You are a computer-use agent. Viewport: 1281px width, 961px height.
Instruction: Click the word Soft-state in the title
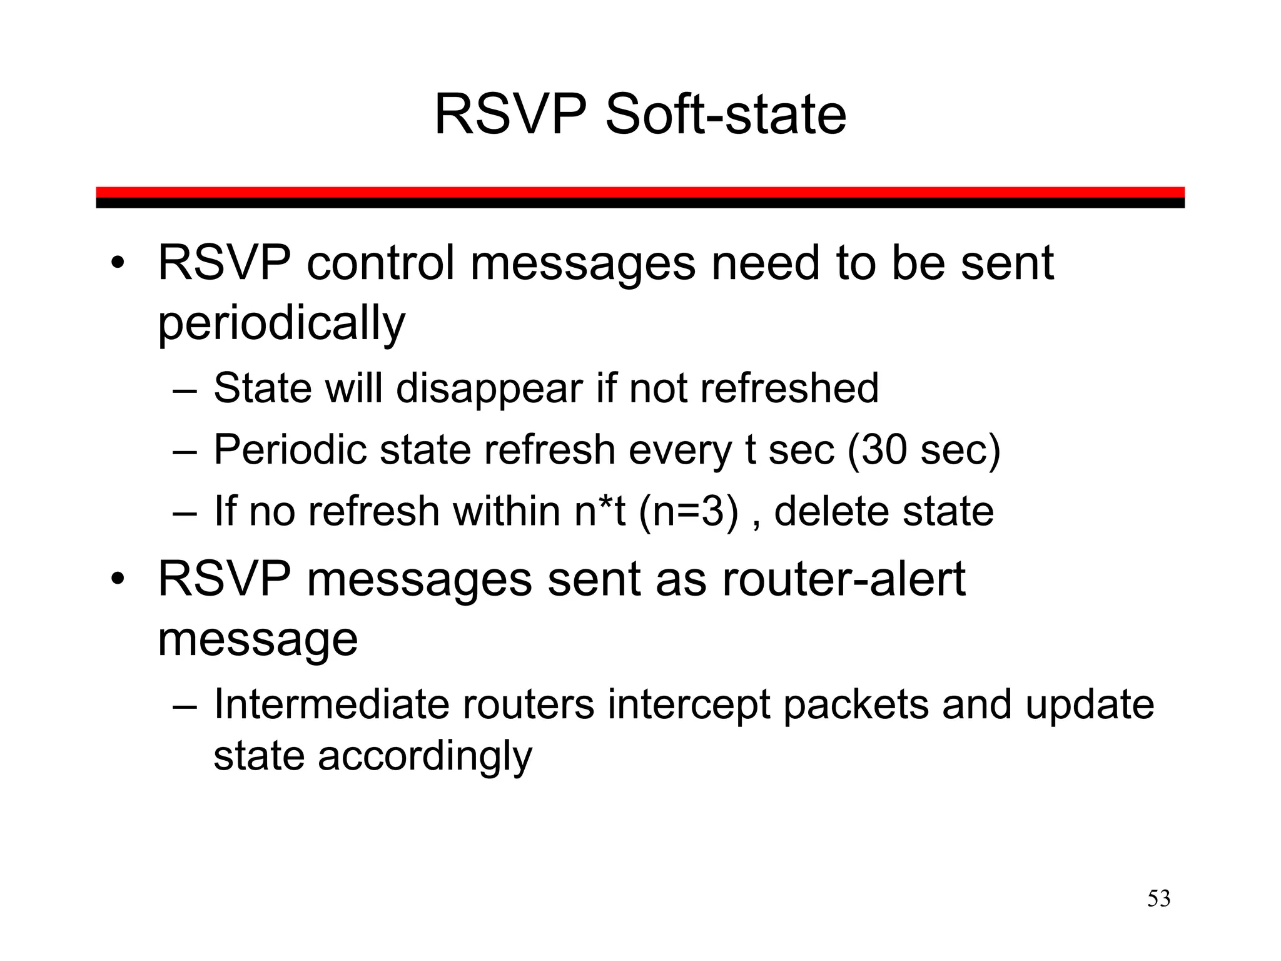click(726, 114)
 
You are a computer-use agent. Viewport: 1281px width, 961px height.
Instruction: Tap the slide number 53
click(1158, 899)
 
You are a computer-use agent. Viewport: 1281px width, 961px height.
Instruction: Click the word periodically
click(281, 323)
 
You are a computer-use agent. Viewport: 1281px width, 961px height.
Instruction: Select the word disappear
click(490, 389)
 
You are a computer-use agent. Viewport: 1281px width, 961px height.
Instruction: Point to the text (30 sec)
click(924, 450)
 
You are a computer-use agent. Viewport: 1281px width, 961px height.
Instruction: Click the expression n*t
click(600, 511)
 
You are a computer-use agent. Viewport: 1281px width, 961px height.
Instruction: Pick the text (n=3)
click(689, 511)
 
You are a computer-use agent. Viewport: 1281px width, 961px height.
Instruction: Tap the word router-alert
click(844, 579)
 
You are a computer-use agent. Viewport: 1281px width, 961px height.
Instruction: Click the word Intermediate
click(332, 704)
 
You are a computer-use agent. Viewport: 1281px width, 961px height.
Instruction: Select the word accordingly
click(425, 756)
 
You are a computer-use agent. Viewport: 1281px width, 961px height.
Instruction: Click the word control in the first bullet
click(380, 263)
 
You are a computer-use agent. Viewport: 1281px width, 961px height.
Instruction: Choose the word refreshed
click(789, 389)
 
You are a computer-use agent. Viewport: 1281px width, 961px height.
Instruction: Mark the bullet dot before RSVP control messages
click(118, 263)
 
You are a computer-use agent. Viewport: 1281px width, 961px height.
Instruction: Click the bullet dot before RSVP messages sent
click(118, 579)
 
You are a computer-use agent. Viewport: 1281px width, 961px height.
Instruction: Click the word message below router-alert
click(258, 639)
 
